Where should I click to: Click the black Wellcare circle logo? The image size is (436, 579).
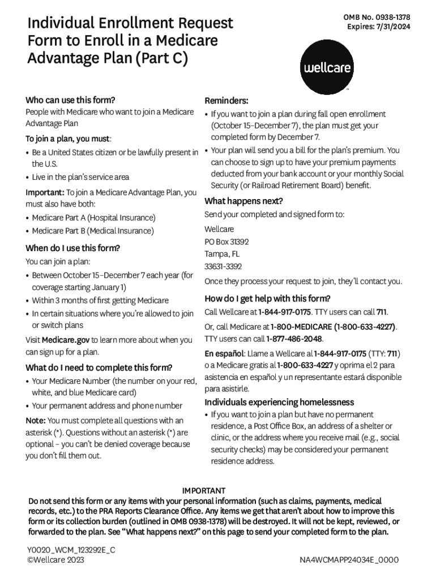pos(328,67)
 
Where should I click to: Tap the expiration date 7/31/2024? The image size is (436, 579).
pos(392,27)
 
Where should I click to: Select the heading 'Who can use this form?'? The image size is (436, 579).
pos(70,100)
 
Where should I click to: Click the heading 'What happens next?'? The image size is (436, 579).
pos(243,201)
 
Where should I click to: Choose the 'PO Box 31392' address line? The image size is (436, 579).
pos(226,241)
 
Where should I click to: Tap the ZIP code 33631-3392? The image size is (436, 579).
pos(223,266)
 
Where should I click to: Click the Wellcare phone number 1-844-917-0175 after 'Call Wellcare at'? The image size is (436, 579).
pos(284,312)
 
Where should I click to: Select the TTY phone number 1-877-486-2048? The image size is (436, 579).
pos(294,339)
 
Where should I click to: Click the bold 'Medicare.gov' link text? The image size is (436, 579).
pos(65,340)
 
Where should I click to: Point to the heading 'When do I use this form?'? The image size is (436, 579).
pos(72,248)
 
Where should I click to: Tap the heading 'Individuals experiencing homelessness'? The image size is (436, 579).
pos(279,402)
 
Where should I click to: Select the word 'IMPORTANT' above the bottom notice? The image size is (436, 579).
pos(203,490)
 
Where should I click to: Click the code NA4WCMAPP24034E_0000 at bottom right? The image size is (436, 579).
pos(349,560)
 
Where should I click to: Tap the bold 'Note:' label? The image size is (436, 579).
pos(36,420)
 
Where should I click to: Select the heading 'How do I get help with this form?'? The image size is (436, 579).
pos(267,299)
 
